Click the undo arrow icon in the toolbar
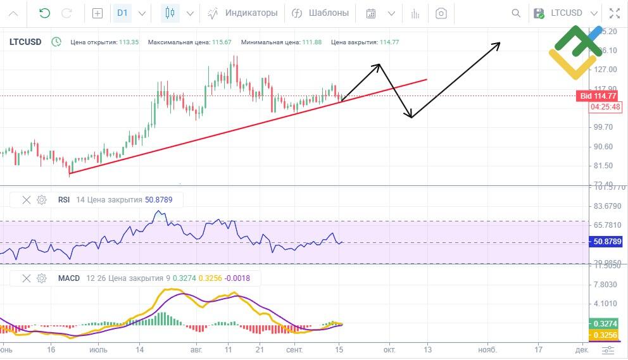point(44,13)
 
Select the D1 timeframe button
point(122,13)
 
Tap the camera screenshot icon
point(442,13)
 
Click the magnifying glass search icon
point(517,13)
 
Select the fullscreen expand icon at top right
point(614,13)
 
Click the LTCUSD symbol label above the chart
point(25,42)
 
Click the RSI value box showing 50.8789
point(606,242)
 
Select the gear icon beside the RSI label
point(42,200)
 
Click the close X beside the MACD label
point(27,278)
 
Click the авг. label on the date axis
point(197,349)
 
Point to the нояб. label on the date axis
point(487,349)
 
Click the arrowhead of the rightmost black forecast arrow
point(499,44)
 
